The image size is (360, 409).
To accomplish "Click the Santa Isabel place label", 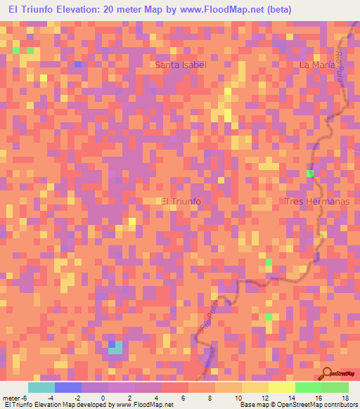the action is [x=181, y=65].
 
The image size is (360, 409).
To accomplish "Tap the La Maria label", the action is [x=315, y=65].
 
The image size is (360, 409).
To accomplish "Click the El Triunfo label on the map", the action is [x=181, y=202].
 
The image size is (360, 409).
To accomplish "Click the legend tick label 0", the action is [x=103, y=397].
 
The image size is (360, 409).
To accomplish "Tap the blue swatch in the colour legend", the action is [x=68, y=387].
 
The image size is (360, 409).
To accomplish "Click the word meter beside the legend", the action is [x=11, y=397].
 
